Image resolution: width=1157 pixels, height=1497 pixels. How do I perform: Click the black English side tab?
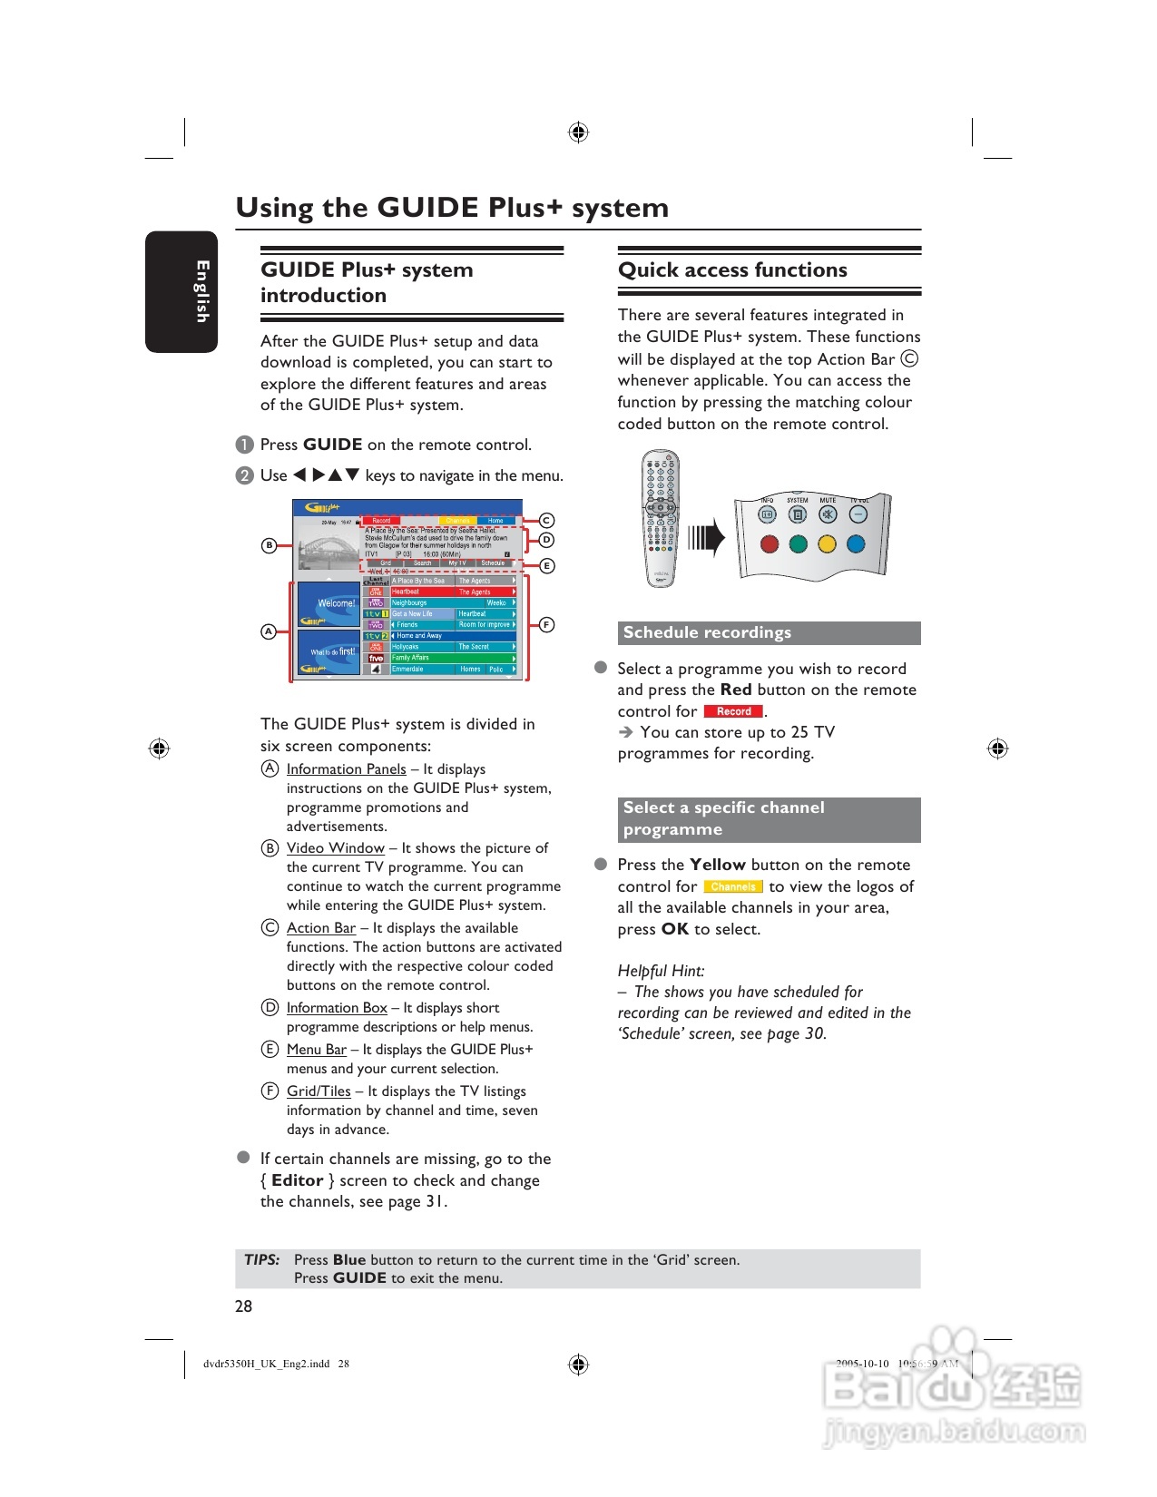tap(181, 291)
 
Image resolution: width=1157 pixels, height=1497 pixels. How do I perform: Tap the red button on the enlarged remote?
tap(769, 544)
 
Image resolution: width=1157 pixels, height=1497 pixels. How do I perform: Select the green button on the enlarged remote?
tap(798, 544)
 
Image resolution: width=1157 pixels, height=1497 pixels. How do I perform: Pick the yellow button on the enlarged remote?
tap(827, 544)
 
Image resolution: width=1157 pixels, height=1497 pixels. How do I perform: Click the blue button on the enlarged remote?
tap(856, 544)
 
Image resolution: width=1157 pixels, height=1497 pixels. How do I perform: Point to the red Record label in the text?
tap(733, 711)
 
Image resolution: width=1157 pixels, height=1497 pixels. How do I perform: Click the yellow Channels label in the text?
tap(732, 886)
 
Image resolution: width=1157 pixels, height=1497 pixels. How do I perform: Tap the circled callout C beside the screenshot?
tap(546, 520)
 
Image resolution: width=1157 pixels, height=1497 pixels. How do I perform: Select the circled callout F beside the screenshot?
tap(546, 624)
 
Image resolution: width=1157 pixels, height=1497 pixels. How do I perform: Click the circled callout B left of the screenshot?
tap(269, 545)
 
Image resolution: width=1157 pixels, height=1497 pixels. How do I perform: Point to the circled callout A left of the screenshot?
tap(269, 631)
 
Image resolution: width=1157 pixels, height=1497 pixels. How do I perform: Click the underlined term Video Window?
tap(335, 847)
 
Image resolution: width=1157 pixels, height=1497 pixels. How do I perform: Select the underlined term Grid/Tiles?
tap(319, 1091)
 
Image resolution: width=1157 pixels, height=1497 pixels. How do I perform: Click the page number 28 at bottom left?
tap(243, 1306)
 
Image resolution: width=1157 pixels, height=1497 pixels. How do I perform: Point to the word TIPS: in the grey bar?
tap(261, 1259)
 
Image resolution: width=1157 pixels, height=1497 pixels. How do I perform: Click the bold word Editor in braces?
tap(297, 1179)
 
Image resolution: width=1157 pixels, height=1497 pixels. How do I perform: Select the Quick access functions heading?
tap(732, 269)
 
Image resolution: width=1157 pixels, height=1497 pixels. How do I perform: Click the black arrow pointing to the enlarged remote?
tap(707, 538)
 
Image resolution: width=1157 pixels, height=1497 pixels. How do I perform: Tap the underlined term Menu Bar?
tap(316, 1049)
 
